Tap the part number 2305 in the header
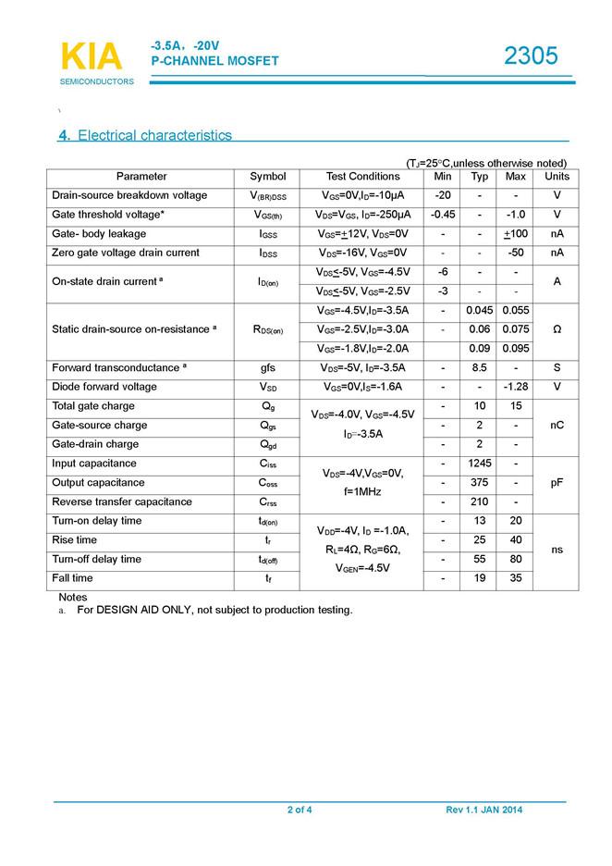coord(531,56)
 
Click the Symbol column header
coord(268,177)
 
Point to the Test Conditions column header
coord(363,177)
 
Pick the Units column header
coord(557,177)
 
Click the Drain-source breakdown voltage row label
coord(129,195)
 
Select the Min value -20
coord(443,195)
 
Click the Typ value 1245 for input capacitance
coord(480,464)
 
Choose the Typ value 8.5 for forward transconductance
coord(480,367)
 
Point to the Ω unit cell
coord(557,329)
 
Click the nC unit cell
coord(557,426)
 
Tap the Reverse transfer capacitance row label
coord(122,501)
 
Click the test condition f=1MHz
coord(363,492)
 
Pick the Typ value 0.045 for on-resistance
coord(480,310)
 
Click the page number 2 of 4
coord(300,810)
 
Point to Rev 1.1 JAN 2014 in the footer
coord(483,810)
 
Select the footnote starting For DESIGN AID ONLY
coord(214,611)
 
